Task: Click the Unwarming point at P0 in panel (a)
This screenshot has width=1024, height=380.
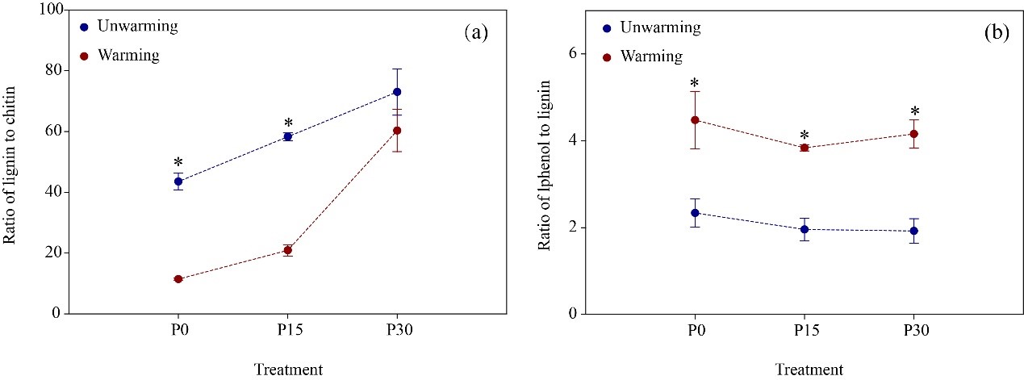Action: (x=178, y=182)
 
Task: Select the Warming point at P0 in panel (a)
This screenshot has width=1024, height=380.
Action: (x=178, y=279)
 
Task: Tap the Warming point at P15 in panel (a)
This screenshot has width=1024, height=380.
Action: (x=287, y=250)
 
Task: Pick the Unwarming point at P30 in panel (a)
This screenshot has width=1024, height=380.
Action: (x=397, y=92)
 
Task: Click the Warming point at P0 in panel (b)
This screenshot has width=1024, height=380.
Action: (x=694, y=120)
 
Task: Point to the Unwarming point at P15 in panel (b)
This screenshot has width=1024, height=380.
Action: (x=804, y=229)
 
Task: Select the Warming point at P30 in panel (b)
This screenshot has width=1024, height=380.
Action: (x=913, y=134)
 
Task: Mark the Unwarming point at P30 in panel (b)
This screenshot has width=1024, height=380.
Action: (x=913, y=231)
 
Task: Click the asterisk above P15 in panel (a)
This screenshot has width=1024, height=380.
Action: (x=287, y=123)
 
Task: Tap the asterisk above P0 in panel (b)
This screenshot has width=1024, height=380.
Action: (x=694, y=85)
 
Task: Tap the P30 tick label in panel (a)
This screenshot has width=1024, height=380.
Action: (x=397, y=332)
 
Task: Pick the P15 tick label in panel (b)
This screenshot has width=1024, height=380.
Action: (x=804, y=332)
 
